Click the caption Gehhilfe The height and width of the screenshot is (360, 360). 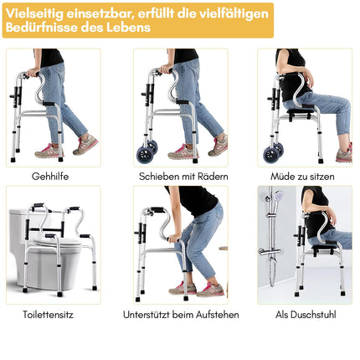(x=50, y=177)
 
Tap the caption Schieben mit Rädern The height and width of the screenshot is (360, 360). (x=183, y=177)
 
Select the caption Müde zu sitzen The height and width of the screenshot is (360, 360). (x=302, y=177)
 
